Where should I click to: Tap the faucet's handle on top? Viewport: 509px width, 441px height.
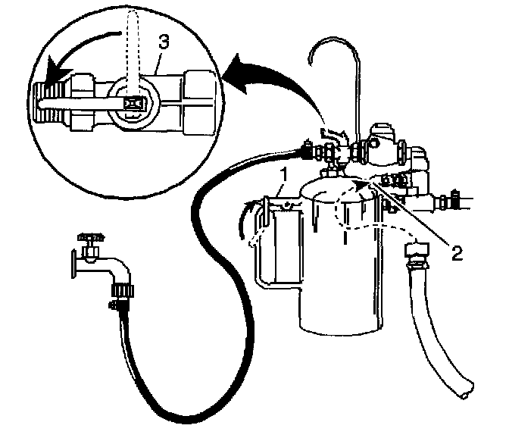89,236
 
